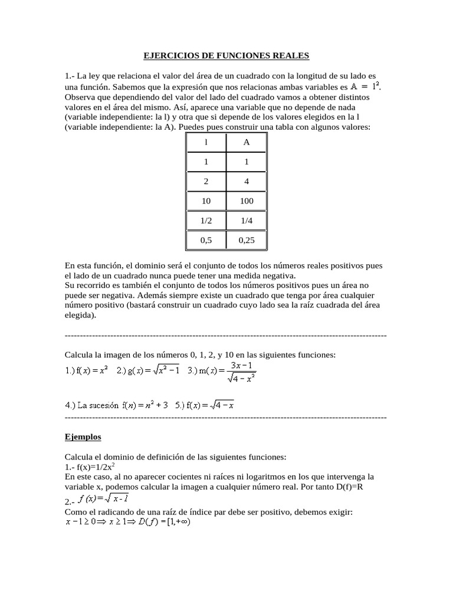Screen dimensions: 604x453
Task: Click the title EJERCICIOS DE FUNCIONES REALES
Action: coord(226,56)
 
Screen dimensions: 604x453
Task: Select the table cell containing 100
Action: coord(247,201)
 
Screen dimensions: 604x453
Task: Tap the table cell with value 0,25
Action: coord(247,240)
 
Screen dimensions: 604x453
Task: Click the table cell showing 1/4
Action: coord(247,221)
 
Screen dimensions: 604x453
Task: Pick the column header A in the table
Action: coord(247,142)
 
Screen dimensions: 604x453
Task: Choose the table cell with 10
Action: coord(206,201)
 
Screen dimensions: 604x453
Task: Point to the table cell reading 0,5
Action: coord(206,240)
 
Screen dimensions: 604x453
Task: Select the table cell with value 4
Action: coord(247,182)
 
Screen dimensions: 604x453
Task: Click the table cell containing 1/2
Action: coord(206,221)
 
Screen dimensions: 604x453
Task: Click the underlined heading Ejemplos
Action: coord(82,437)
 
